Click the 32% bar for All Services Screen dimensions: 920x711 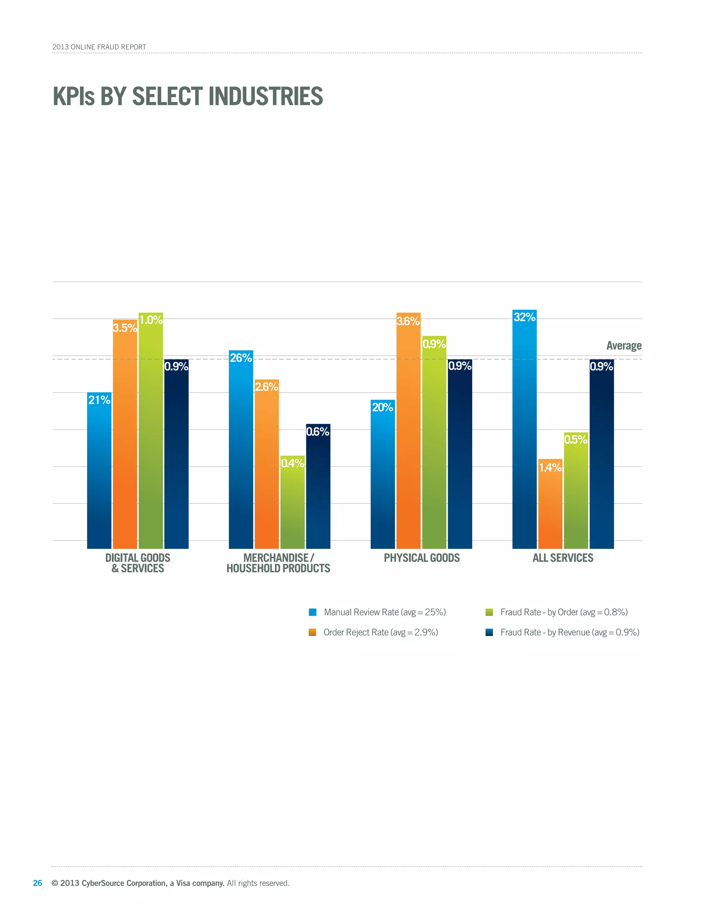tap(525, 430)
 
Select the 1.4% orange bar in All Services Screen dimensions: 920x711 tap(550, 505)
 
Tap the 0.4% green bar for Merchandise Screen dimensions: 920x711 tap(292, 503)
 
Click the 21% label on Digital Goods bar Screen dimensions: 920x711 tap(99, 400)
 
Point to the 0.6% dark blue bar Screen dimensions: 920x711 tap(318, 489)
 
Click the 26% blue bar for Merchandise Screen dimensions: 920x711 tap(241, 451)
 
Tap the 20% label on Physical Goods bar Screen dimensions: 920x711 tap(383, 407)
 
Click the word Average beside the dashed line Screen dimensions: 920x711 tap(624, 346)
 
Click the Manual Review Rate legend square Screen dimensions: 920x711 tap(312, 612)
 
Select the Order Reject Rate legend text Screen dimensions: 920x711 tap(380, 632)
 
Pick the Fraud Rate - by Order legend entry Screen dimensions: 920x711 tap(563, 612)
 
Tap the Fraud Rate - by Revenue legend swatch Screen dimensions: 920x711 tap(489, 632)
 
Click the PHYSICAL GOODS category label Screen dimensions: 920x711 tap(421, 558)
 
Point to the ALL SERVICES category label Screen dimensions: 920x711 tap(563, 558)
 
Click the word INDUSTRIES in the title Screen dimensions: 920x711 tap(266, 97)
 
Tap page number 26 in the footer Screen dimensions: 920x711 tap(37, 883)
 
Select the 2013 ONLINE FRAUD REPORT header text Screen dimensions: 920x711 tap(99, 47)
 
